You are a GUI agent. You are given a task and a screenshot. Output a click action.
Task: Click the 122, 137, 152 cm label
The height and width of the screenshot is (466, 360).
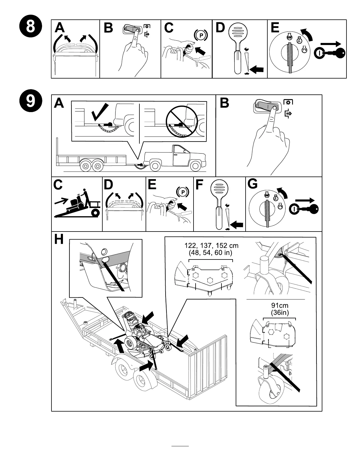pos(211,249)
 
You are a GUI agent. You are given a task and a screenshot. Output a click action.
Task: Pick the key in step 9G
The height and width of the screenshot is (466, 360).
pos(307,209)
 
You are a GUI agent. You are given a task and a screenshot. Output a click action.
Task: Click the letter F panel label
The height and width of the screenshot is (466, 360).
pos(199,184)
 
